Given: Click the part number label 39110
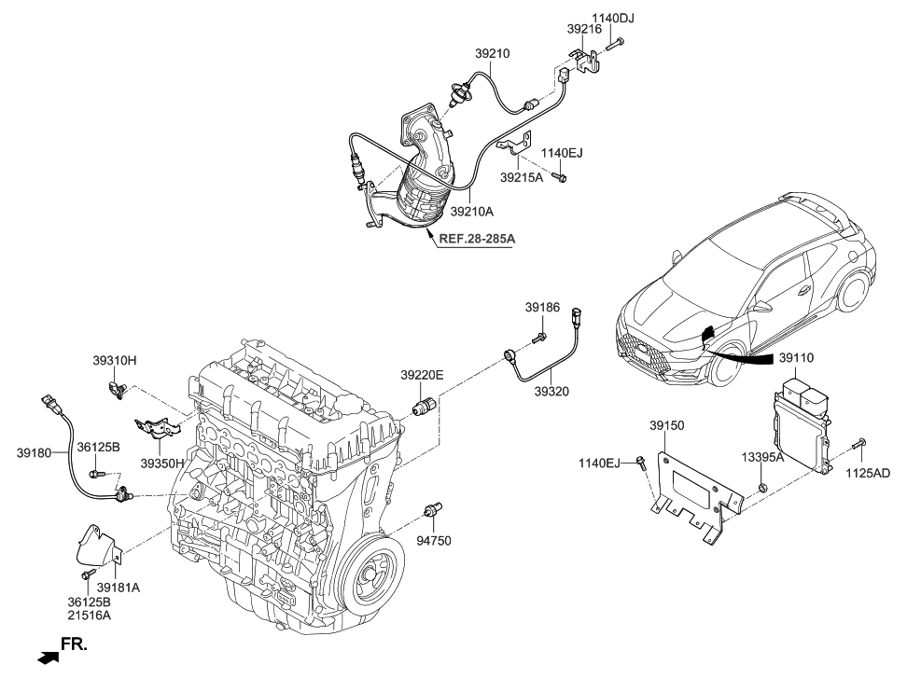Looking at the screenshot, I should click(x=796, y=357).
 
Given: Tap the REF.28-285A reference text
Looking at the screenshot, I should click(x=476, y=239).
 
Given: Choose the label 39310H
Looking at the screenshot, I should click(x=114, y=360).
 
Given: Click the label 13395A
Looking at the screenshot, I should click(x=762, y=457).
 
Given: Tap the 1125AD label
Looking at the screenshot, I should click(x=868, y=473).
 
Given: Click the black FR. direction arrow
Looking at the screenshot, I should click(x=47, y=657).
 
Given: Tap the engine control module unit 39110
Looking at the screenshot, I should click(x=802, y=424).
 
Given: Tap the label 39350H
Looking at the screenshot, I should click(x=162, y=462).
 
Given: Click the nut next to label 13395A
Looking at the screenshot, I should click(x=762, y=487).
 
